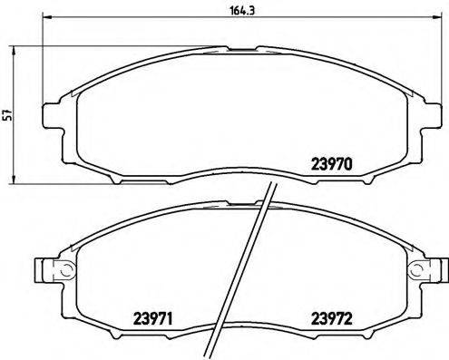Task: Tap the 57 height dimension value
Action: pos(9,114)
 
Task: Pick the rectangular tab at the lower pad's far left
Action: pos(40,269)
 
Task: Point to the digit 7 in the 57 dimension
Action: pos(9,111)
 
